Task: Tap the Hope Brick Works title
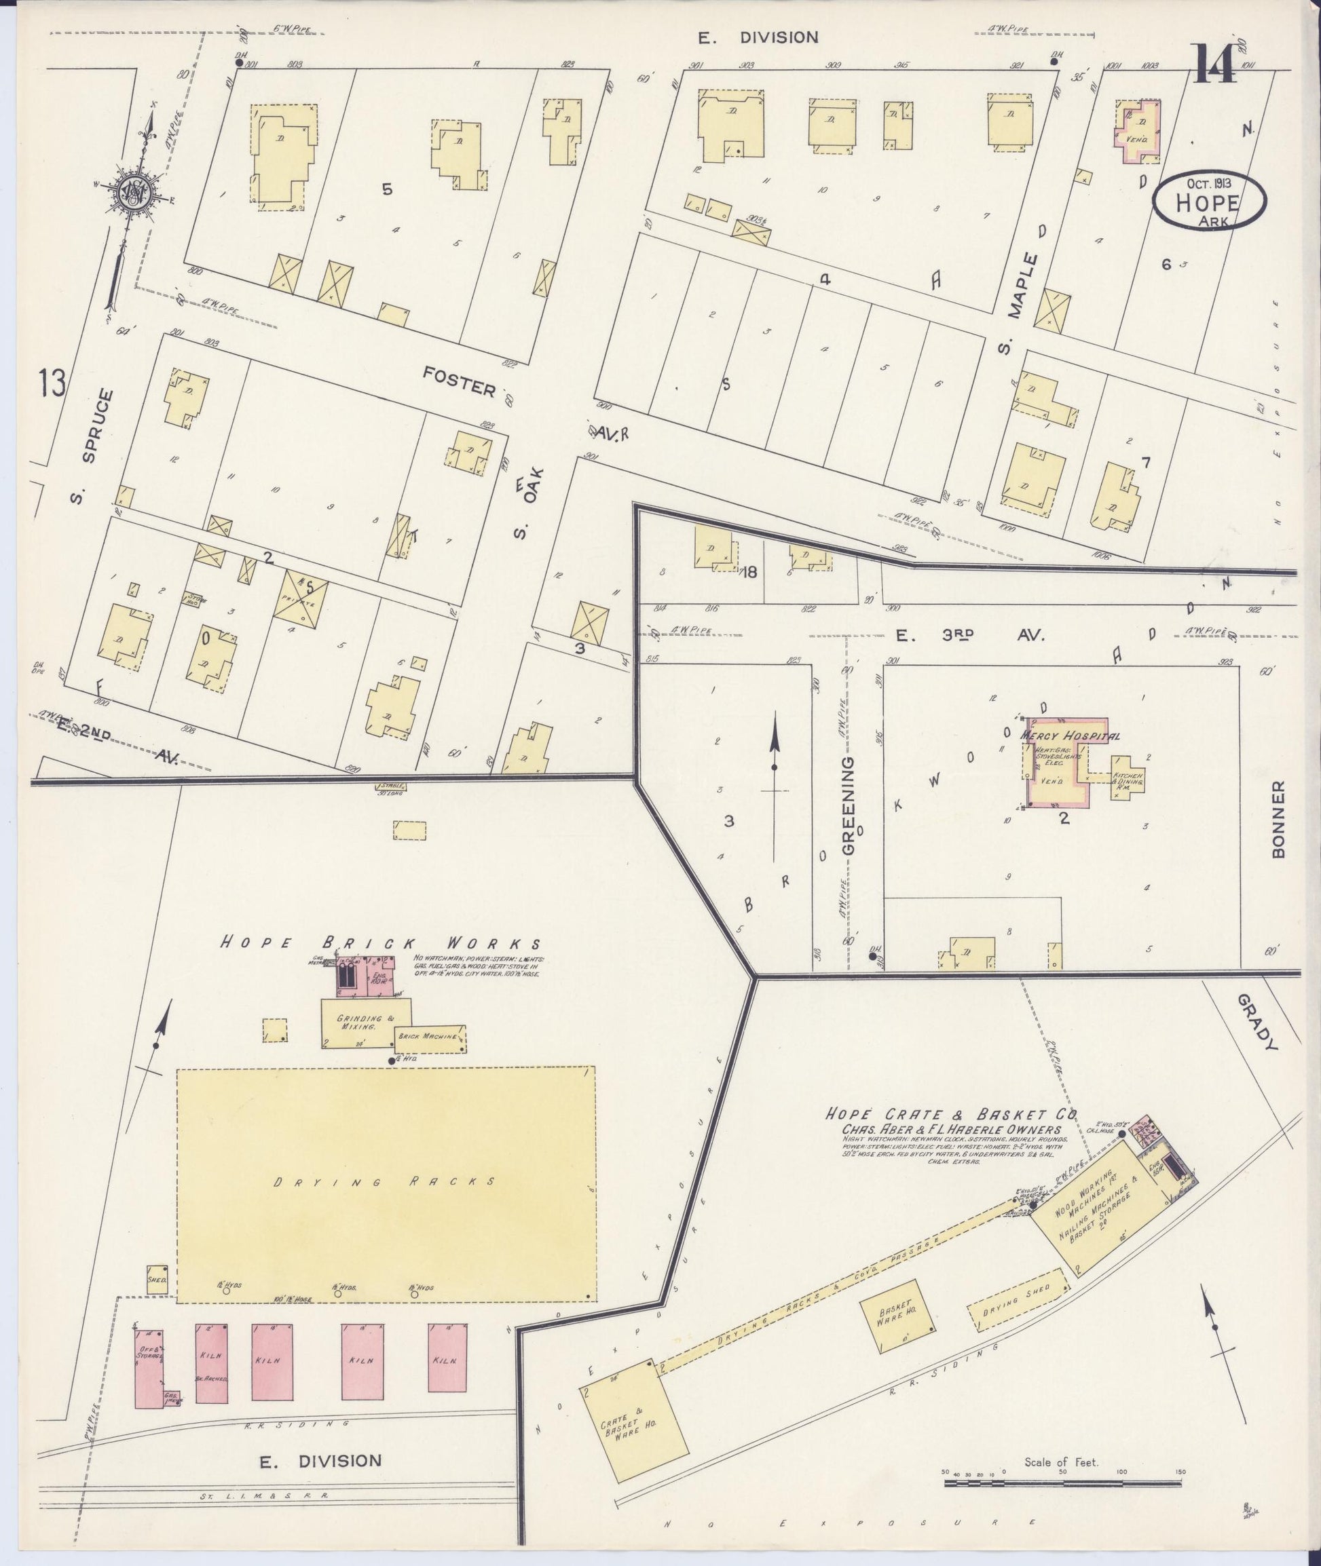coord(380,944)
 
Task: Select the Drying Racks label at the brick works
coord(384,1182)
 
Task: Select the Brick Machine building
coord(430,1038)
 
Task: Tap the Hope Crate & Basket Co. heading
coord(950,1115)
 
